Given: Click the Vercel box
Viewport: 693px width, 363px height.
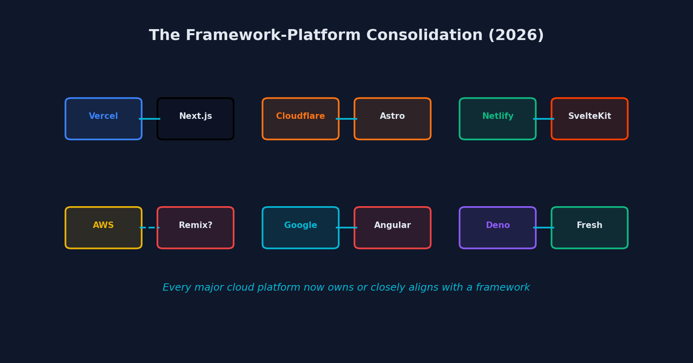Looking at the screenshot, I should [x=103, y=119].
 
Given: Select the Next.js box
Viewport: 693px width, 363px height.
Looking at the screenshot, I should [x=195, y=119].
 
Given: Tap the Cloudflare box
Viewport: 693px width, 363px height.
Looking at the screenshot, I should [x=300, y=119].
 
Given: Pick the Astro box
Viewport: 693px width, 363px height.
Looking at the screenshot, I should [x=392, y=119].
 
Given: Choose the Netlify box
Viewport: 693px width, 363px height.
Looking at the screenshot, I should [x=498, y=119].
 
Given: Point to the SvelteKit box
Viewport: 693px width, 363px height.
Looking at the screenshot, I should [x=589, y=119].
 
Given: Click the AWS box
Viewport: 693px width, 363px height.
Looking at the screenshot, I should [x=103, y=228].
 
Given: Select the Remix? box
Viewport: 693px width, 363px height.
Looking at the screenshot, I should [x=195, y=228].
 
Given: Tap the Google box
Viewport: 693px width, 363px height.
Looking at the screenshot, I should [x=300, y=228].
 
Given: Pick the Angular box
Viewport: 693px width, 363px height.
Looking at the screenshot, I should [x=392, y=228].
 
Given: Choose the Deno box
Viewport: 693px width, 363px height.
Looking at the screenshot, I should [x=498, y=228].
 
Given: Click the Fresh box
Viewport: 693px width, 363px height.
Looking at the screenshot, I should [x=589, y=228].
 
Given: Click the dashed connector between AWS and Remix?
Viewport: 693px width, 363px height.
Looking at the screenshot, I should [x=150, y=228].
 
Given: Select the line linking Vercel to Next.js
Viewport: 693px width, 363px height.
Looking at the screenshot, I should [x=150, y=119].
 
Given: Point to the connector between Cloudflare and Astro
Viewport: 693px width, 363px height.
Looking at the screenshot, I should [x=347, y=119].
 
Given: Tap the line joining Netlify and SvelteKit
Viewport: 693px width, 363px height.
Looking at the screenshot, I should [x=544, y=119].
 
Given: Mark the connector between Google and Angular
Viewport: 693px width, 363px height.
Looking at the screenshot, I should [x=347, y=228].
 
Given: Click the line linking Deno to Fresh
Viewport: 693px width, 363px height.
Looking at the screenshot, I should [x=544, y=228].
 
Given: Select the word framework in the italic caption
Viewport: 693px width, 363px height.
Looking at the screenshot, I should [x=502, y=287].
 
